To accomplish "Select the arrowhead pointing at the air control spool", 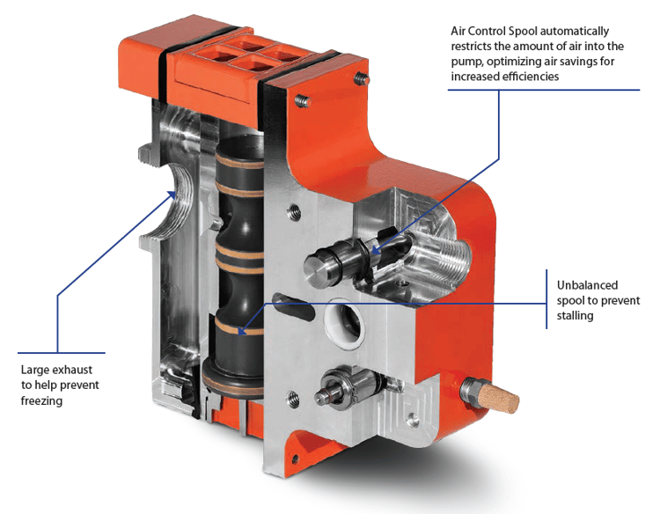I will pyautogui.click(x=373, y=252).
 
